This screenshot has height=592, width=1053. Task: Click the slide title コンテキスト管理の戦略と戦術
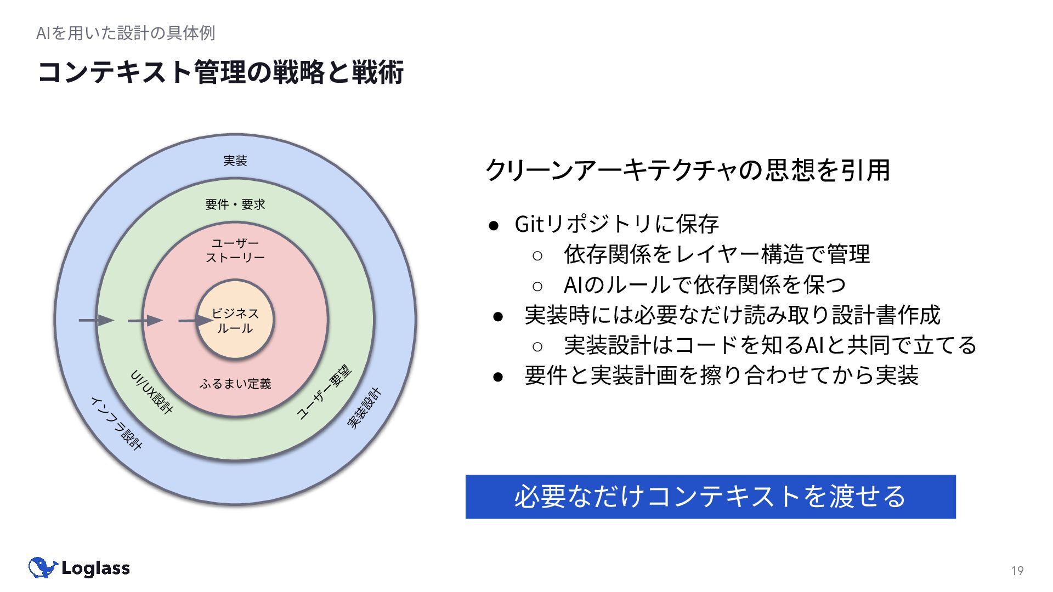pyautogui.click(x=220, y=72)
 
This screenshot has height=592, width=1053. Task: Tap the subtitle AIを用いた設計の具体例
pyautogui.click(x=126, y=33)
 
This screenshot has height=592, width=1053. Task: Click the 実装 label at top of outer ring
pyautogui.click(x=235, y=161)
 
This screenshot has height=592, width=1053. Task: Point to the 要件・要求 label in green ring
pyautogui.click(x=235, y=204)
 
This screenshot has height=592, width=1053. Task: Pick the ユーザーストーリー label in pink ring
pyautogui.click(x=235, y=250)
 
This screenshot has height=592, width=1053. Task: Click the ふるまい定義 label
pyautogui.click(x=235, y=384)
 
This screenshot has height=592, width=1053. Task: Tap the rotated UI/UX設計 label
pyautogui.click(x=152, y=391)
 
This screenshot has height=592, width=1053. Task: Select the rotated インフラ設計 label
pyautogui.click(x=116, y=423)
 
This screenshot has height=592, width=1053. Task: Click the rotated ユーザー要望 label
pyautogui.click(x=324, y=392)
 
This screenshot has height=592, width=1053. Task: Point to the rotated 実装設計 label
pyautogui.click(x=364, y=408)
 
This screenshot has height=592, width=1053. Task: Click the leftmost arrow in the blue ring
pyautogui.click(x=96, y=320)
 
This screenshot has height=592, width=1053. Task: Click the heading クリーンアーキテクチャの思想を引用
pyautogui.click(x=688, y=170)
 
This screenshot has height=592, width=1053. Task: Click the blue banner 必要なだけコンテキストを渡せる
pyautogui.click(x=710, y=497)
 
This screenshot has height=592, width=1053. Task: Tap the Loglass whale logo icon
pyautogui.click(x=42, y=568)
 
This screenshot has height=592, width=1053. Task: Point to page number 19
pyautogui.click(x=1017, y=571)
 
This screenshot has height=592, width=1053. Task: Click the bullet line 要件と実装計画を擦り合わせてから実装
pyautogui.click(x=721, y=375)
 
